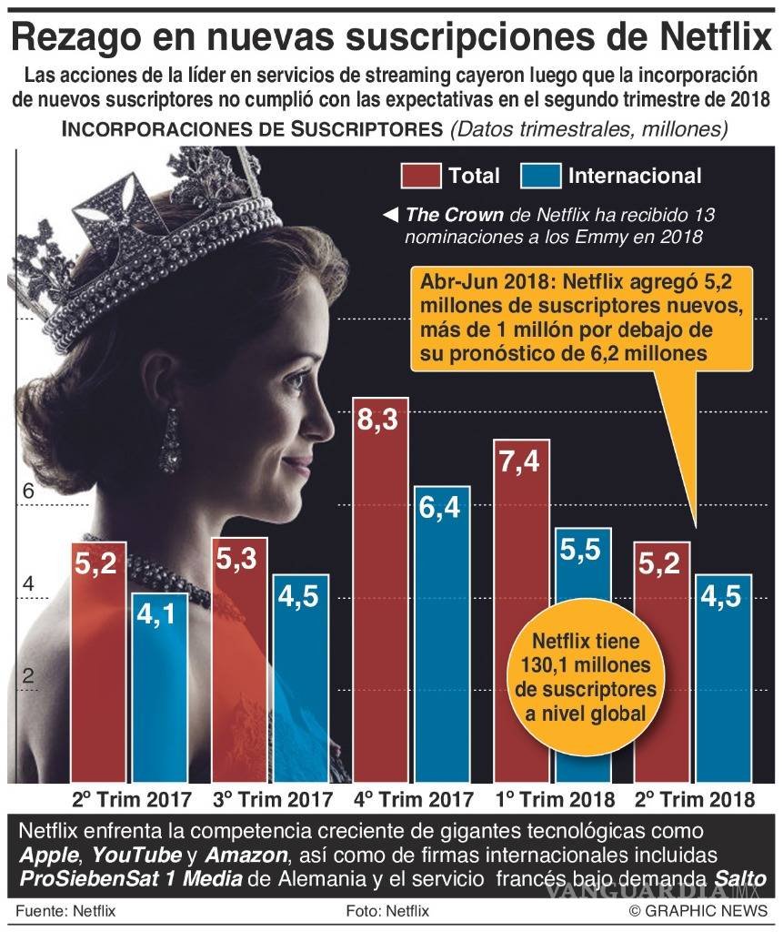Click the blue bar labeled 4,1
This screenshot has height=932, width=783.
[159, 687]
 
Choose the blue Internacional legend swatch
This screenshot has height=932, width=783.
[541, 176]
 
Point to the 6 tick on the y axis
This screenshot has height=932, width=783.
[27, 491]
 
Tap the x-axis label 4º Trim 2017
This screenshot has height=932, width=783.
[414, 800]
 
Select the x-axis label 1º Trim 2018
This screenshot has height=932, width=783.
[554, 800]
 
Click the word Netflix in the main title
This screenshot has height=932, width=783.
[701, 39]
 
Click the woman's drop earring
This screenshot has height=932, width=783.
[170, 441]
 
